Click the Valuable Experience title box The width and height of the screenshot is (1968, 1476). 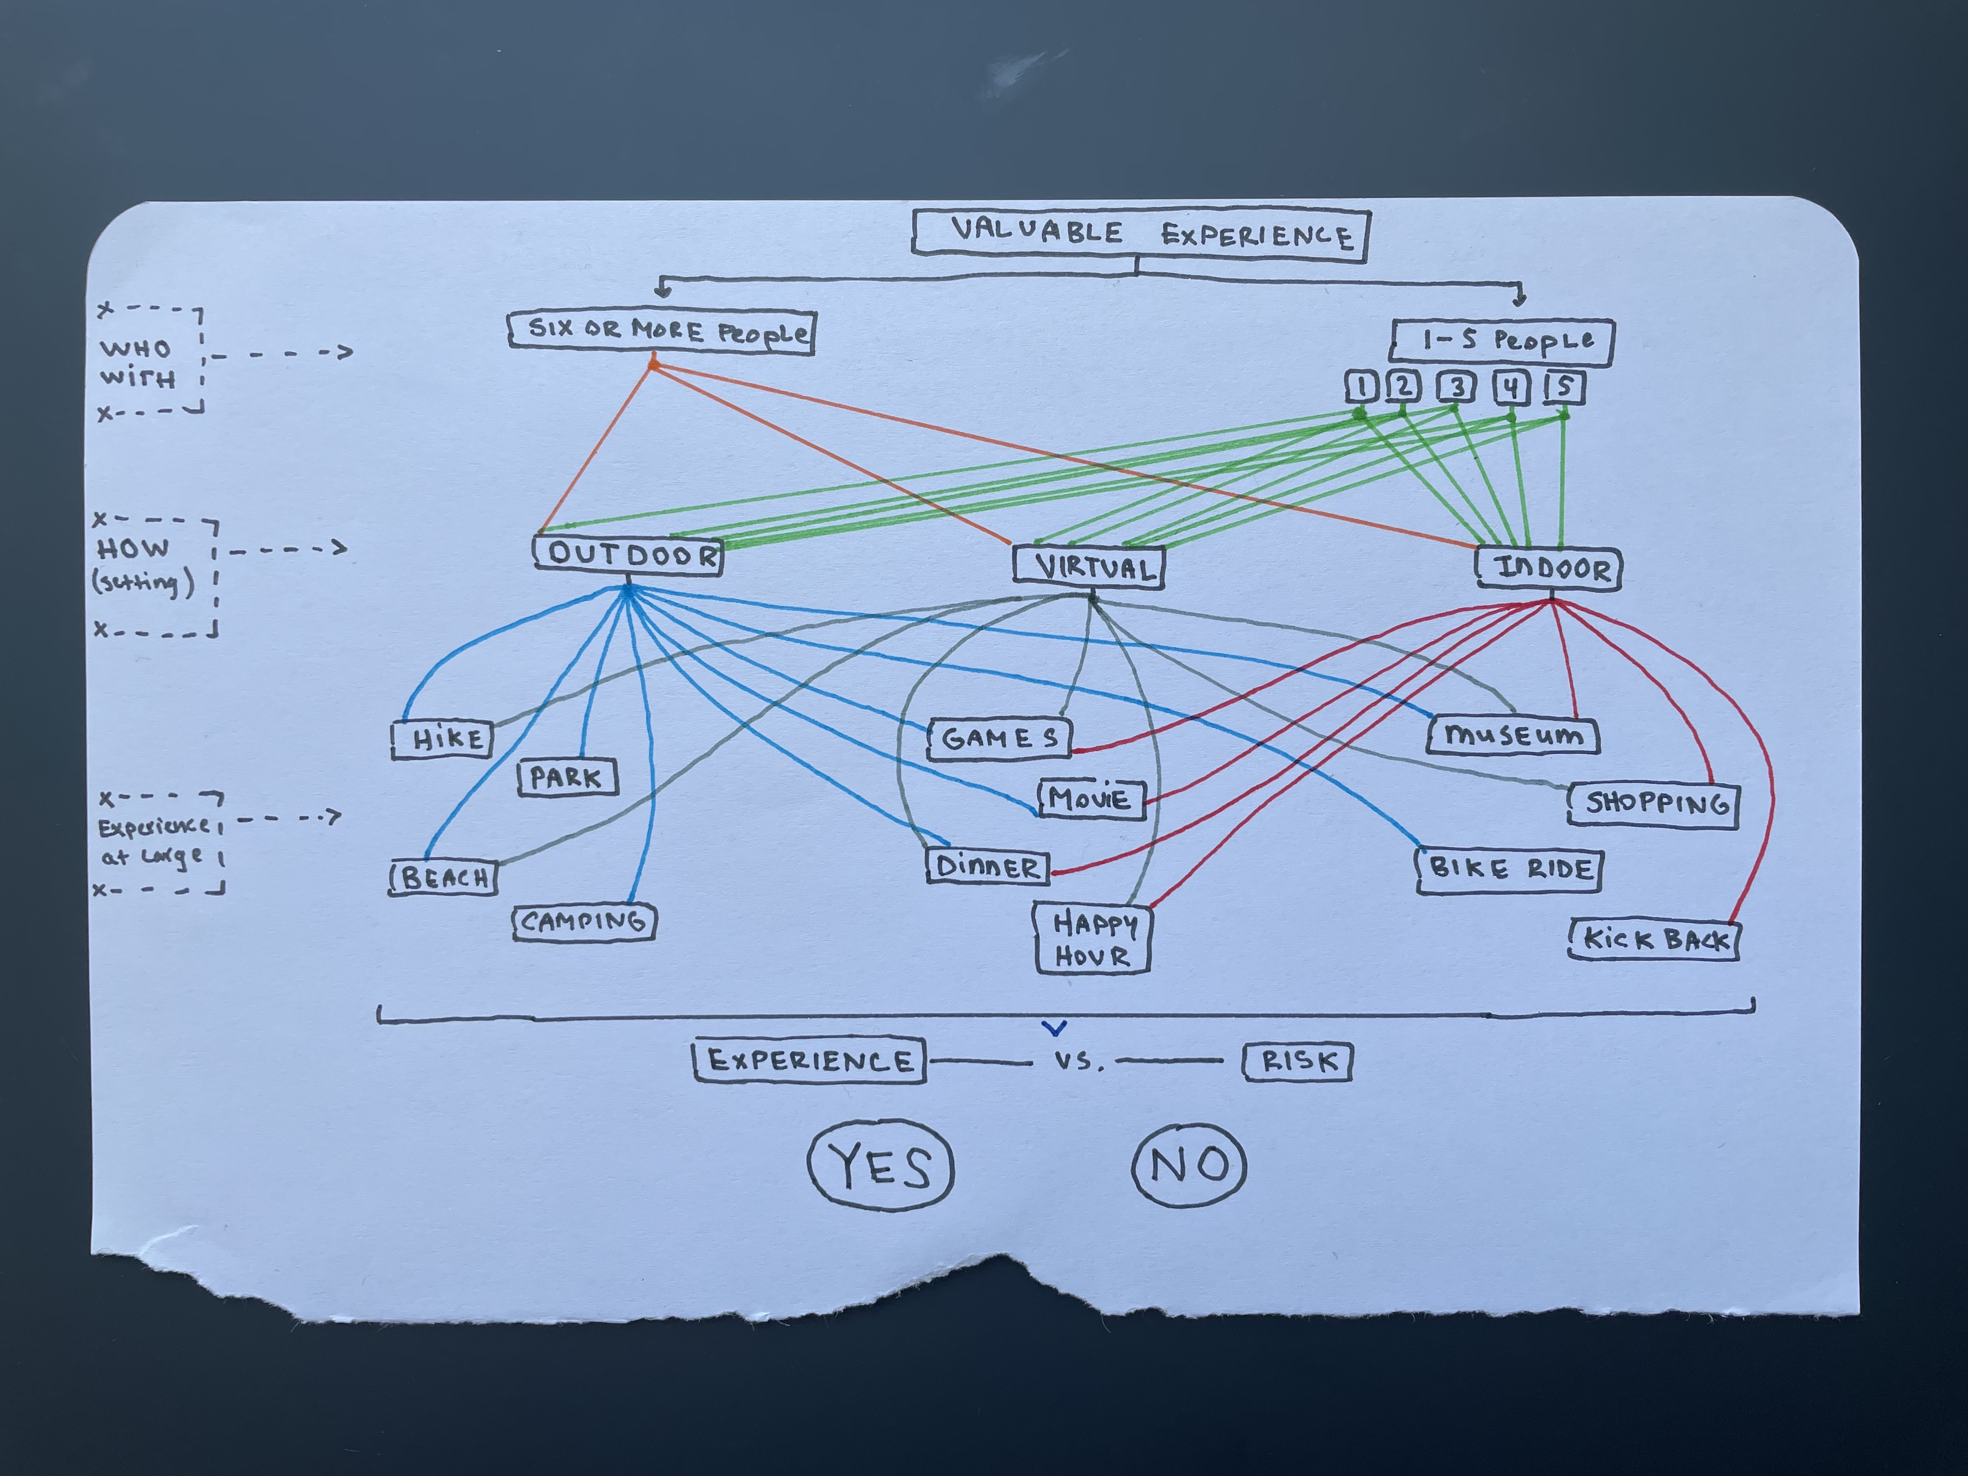pos(1142,234)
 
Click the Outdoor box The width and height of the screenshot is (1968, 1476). pos(629,555)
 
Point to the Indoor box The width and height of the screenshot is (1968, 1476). pos(1549,568)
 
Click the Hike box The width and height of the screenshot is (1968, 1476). pos(442,738)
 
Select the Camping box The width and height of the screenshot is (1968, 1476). pos(585,922)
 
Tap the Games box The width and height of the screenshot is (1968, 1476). pos(1000,738)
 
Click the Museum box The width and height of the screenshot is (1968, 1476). pos(1514,736)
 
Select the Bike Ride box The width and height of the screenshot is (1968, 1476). pos(1509,869)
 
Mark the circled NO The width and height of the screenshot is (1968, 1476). pos(1189,1165)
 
